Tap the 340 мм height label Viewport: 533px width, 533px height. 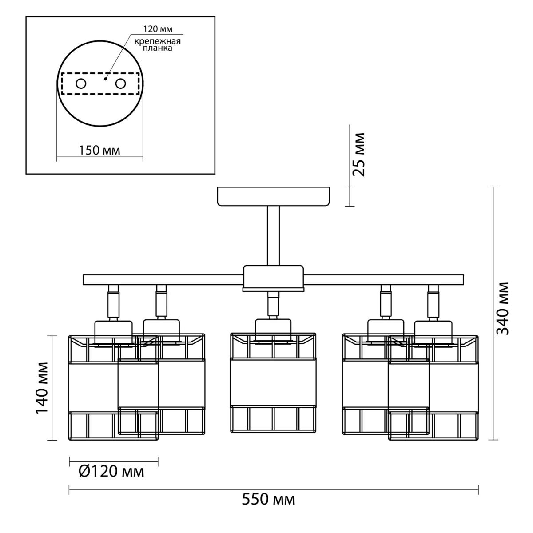point(502,309)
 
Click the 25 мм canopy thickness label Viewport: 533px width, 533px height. point(358,155)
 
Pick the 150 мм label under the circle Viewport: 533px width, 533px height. point(99,151)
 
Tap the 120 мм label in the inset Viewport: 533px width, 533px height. point(158,29)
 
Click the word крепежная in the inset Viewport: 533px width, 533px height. point(158,41)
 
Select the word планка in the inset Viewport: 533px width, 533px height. point(157,48)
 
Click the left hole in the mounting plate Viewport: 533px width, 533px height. point(81,83)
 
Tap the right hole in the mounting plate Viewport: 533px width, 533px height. point(121,83)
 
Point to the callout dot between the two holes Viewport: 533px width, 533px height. point(105,79)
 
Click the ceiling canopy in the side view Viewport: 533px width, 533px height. point(274,196)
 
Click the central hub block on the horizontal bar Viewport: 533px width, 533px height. point(273,278)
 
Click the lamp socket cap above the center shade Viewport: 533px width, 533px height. point(273,331)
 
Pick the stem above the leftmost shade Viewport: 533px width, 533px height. point(114,302)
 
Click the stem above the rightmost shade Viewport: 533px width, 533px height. point(433,302)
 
